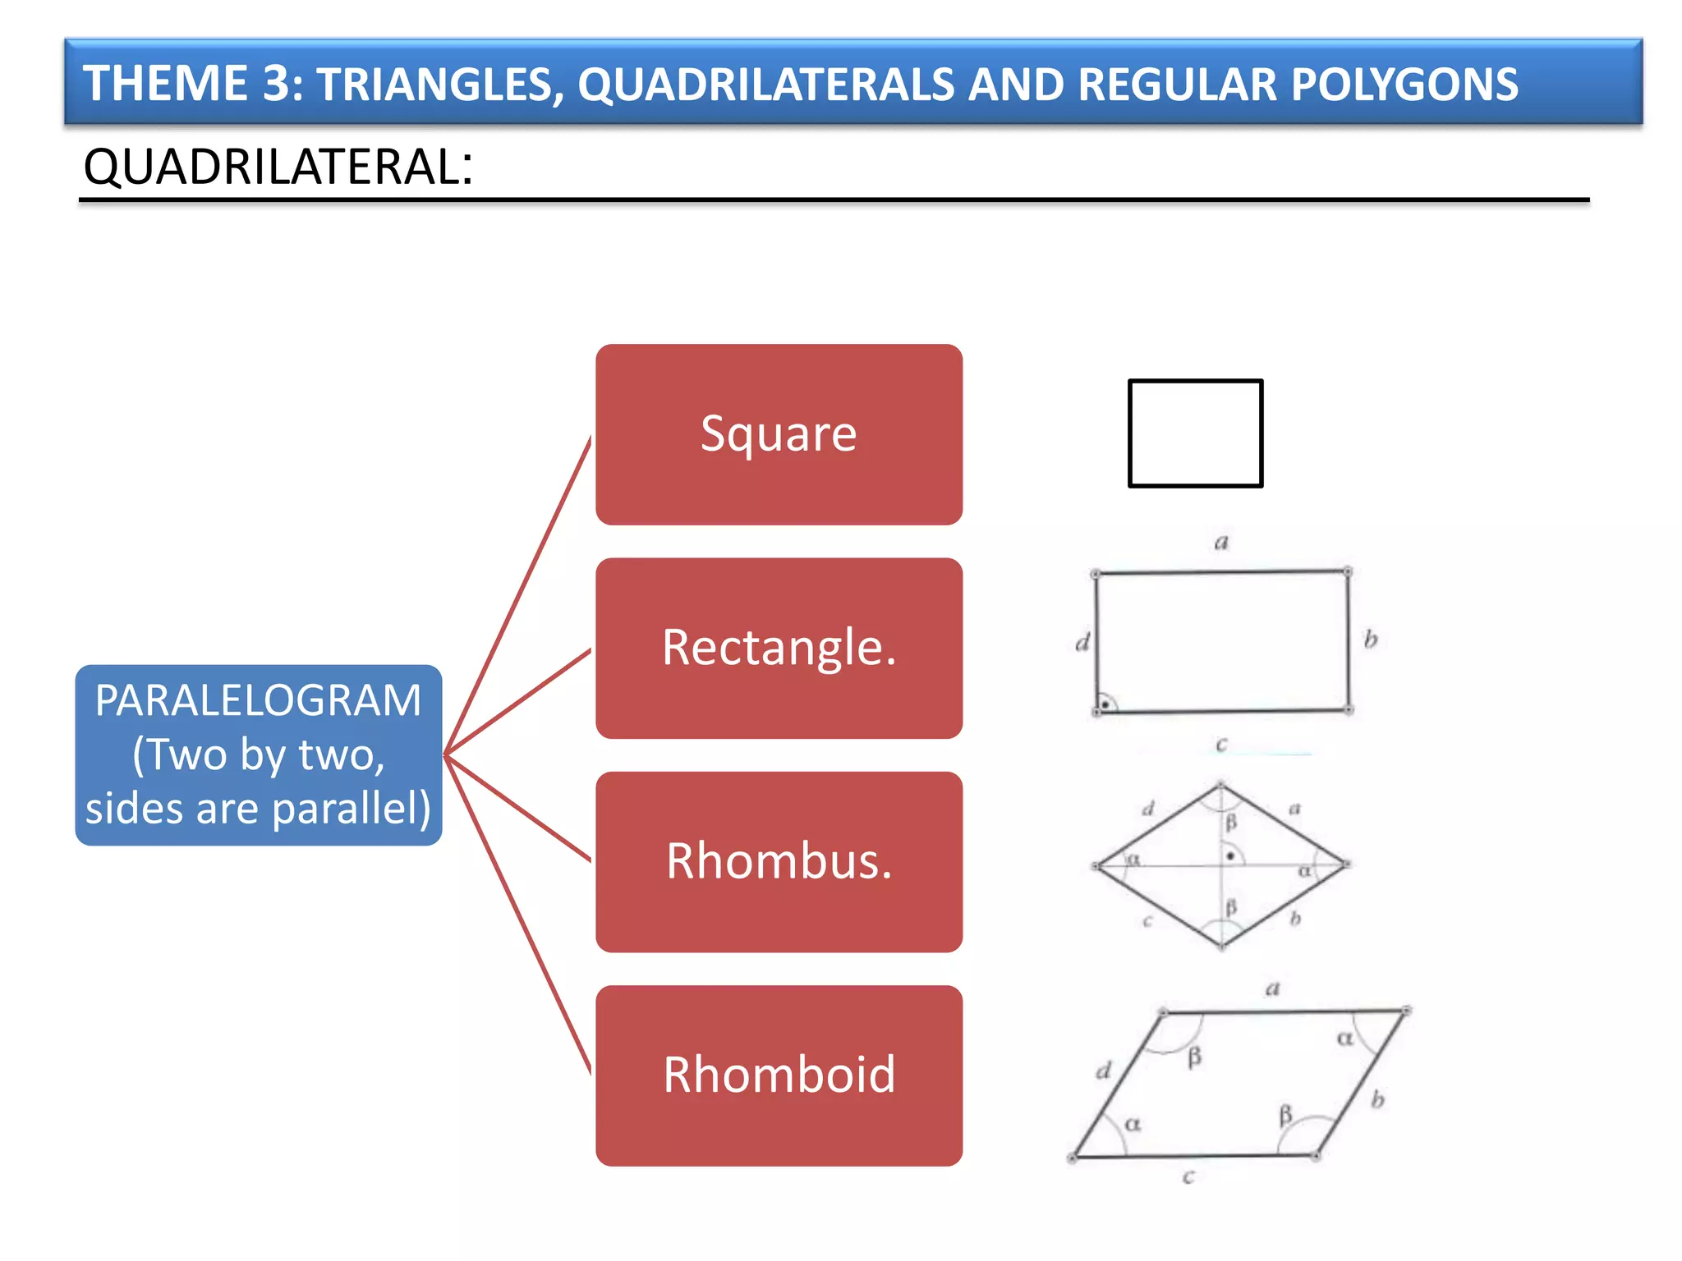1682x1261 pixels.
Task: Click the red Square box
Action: [779, 434]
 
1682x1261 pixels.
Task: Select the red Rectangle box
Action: [779, 648]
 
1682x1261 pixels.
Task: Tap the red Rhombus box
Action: [779, 861]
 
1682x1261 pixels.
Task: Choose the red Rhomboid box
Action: [779, 1075]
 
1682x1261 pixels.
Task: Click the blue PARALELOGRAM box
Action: [259, 754]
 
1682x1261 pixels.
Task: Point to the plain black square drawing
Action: [1195, 433]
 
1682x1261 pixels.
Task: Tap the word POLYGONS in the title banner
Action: [1404, 85]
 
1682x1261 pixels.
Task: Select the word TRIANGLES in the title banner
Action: [440, 85]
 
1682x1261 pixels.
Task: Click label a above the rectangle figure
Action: [1221, 543]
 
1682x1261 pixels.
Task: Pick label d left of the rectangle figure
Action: [1082, 642]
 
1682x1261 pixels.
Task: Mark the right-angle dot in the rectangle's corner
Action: [1106, 704]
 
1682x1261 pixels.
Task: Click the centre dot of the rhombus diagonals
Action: [1229, 856]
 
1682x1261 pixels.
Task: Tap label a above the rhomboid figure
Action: [1272, 988]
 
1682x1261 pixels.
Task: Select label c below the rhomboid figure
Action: [1188, 1177]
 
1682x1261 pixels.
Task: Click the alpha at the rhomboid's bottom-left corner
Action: [1133, 1124]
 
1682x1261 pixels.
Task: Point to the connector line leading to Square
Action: [517, 595]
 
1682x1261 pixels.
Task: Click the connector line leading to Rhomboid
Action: [517, 915]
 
